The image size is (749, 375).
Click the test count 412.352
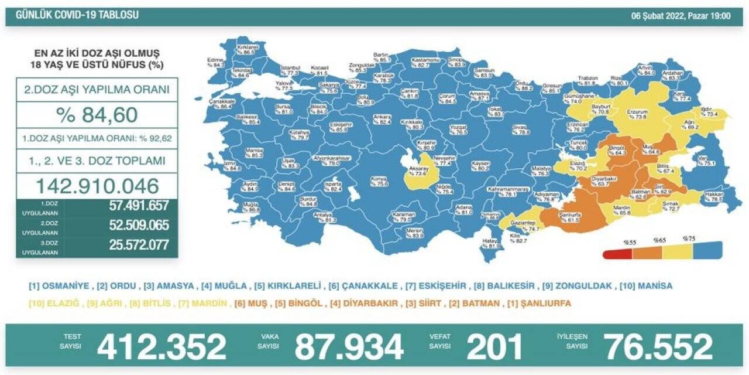point(162,346)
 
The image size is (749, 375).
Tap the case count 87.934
point(349,346)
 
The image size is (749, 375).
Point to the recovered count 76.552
point(659,346)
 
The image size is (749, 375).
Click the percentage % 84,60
point(97,115)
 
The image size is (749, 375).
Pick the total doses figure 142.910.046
point(97,186)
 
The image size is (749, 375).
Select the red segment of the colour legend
point(618,254)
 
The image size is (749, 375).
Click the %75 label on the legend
point(688,240)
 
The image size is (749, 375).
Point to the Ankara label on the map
point(382,119)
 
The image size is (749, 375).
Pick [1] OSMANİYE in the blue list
point(59,286)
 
